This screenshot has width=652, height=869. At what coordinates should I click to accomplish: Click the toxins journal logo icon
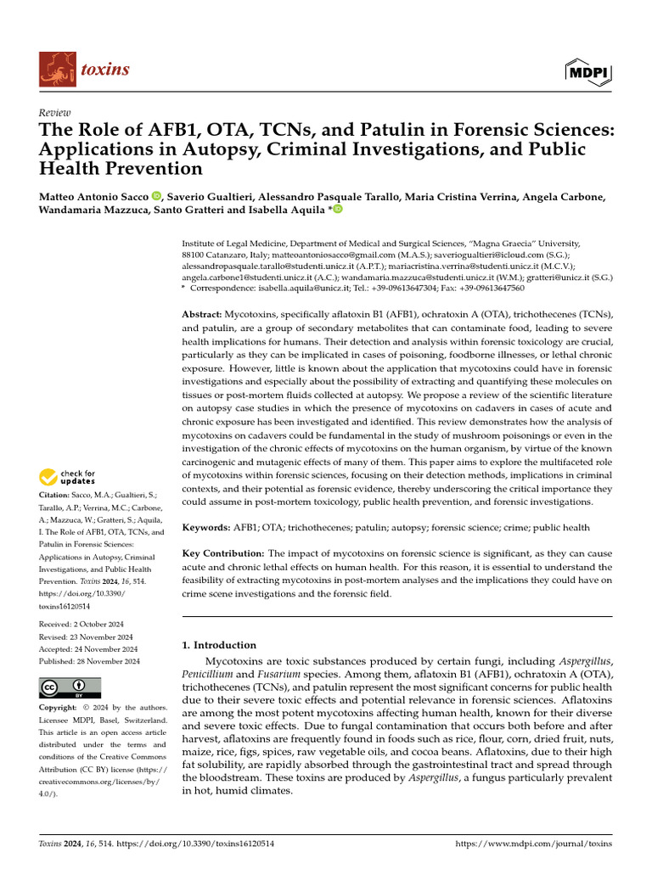click(x=56, y=70)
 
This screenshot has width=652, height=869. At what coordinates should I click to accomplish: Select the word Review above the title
click(x=55, y=112)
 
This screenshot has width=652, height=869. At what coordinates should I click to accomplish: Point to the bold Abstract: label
click(x=203, y=314)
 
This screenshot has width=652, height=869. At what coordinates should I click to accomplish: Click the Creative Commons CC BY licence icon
click(x=70, y=687)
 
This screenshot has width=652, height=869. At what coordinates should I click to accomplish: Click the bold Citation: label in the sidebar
click(x=56, y=494)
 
